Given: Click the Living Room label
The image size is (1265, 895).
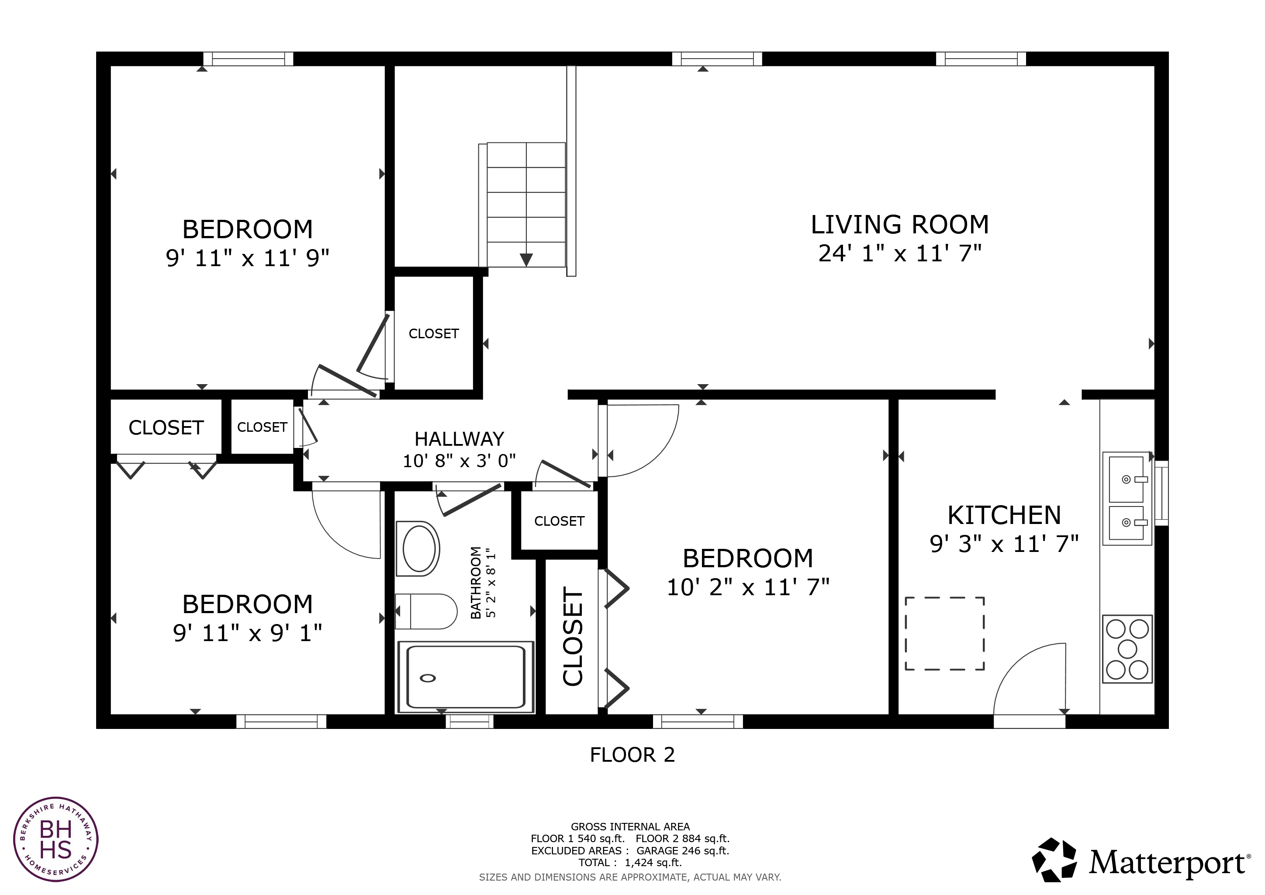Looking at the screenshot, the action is coord(900,225).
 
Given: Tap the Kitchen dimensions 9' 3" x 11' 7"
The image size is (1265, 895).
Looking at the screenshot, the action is coord(1004,544).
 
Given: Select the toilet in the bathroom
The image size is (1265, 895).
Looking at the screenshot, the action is coord(426,611).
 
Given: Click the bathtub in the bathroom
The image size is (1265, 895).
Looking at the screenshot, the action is coord(466,677).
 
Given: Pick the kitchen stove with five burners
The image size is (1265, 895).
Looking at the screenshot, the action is coord(1127,649).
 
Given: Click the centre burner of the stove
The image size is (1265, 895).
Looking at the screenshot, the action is coord(1127,649).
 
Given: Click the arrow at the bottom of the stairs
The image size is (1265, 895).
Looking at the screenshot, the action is coord(526,260).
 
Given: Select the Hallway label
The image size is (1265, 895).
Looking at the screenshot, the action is coord(459,439).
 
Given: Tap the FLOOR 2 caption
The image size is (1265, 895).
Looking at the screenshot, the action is coord(632,754).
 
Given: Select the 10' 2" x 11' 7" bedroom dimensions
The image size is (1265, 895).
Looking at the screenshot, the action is coord(748,587).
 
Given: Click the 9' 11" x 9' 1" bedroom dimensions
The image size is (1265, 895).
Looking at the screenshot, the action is coord(247,633).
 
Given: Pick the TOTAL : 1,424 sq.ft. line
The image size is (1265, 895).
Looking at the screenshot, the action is coord(630,863).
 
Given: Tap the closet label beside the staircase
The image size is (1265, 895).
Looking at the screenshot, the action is coord(434,333).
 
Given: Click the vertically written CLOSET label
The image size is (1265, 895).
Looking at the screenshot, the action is coord(573,637).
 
